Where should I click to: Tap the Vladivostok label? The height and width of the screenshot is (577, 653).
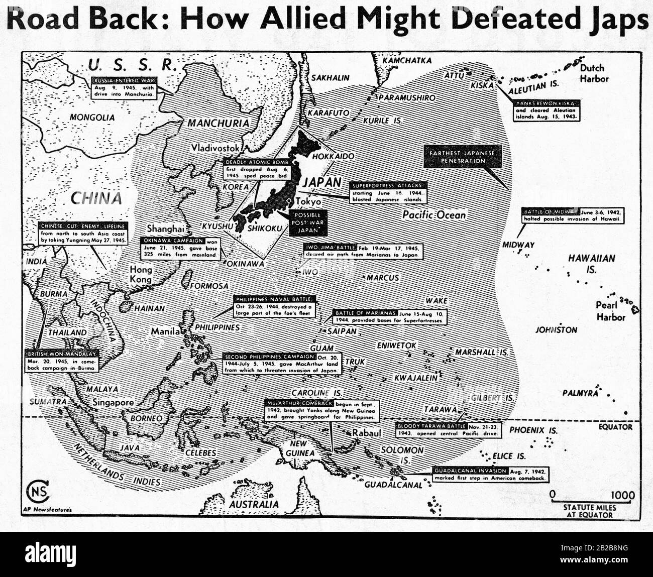220,148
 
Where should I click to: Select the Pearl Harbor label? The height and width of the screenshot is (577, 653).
610,311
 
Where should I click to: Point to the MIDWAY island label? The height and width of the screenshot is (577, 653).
518,245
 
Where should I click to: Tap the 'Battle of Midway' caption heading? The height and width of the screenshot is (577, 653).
551,211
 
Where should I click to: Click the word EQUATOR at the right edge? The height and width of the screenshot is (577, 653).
615,427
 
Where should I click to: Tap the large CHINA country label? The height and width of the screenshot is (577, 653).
95,197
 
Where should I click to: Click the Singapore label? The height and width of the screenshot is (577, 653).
114,402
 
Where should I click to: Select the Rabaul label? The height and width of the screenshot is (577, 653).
367,432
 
